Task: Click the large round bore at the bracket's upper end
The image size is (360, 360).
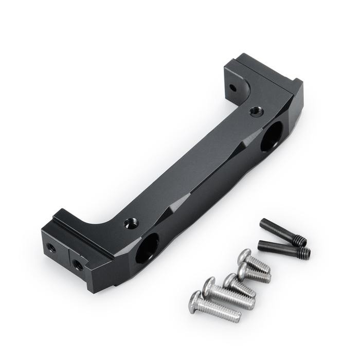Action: (x=271, y=136)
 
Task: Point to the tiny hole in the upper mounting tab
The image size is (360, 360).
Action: (x=232, y=88)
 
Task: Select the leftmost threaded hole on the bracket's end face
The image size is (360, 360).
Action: (x=51, y=247)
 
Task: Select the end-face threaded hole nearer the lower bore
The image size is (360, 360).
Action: (x=78, y=265)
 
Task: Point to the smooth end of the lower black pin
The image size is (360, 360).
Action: (x=262, y=243)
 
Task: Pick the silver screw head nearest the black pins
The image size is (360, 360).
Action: (x=245, y=255)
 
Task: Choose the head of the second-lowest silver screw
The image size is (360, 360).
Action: (x=209, y=284)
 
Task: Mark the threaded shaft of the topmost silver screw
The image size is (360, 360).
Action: (x=259, y=264)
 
